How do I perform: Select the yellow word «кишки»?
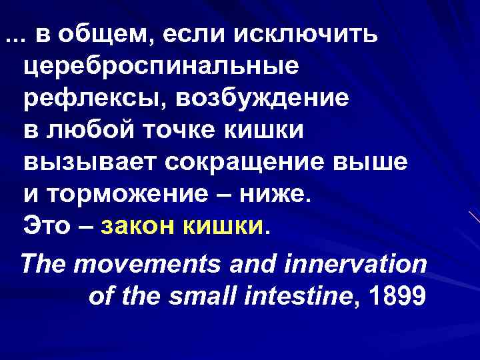[x=225, y=227]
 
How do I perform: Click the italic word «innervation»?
[x=356, y=264]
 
